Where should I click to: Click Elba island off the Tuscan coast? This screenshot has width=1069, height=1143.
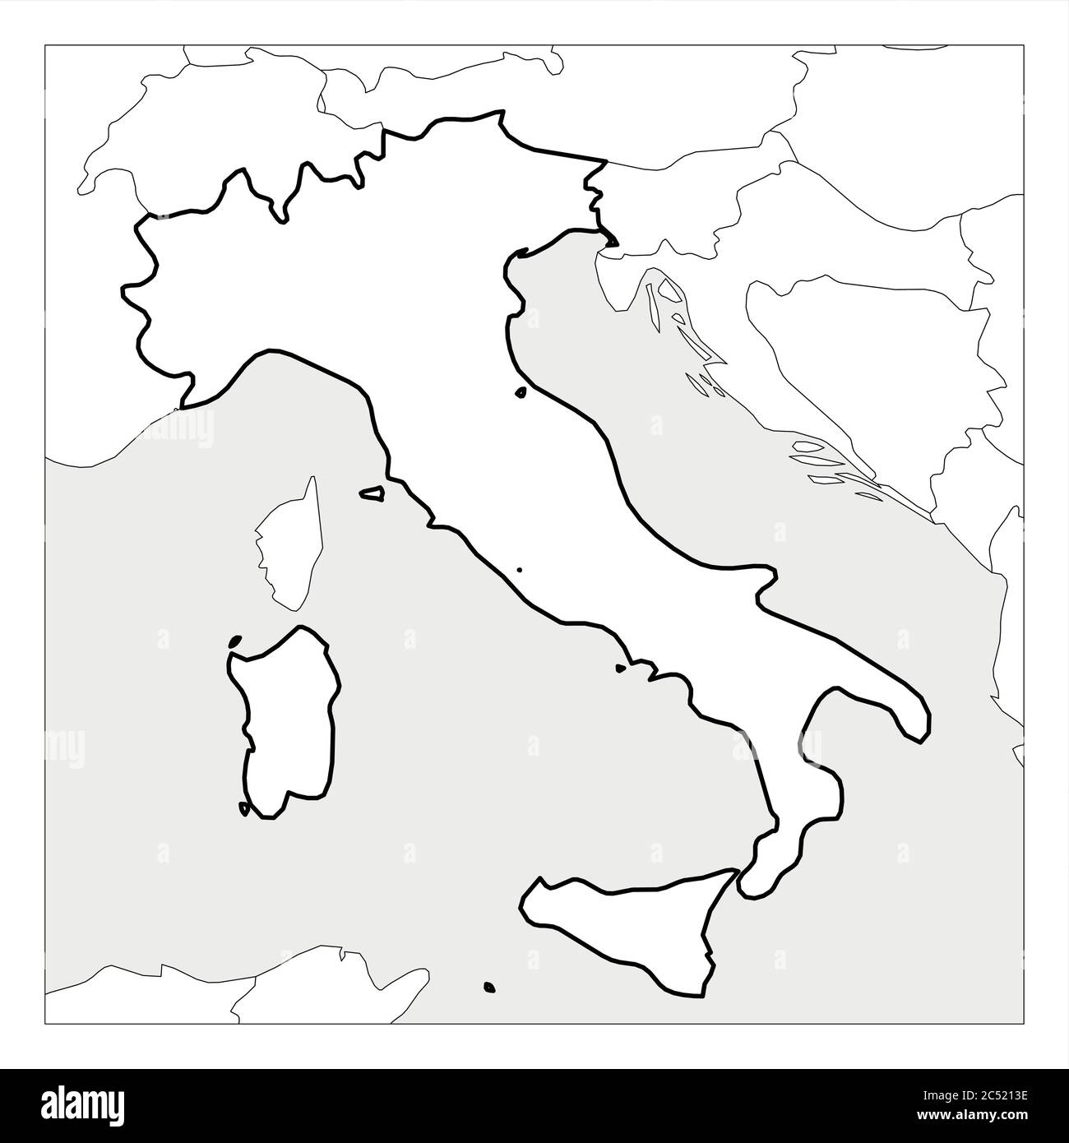(x=373, y=494)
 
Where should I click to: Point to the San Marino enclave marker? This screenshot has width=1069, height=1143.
(x=521, y=393)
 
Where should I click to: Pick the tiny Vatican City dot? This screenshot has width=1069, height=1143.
(x=519, y=568)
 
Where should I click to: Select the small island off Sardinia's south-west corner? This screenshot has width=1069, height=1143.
(x=243, y=808)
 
